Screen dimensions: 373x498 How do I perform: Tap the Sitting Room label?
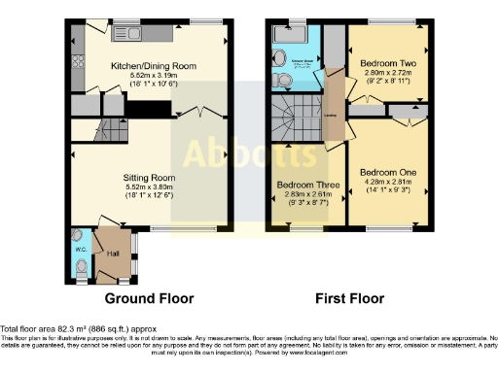(x=148, y=178)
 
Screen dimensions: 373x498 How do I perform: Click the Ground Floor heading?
(x=149, y=298)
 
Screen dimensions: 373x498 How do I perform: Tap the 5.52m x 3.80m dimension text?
(x=148, y=187)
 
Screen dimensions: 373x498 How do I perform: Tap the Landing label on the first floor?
(x=332, y=118)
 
